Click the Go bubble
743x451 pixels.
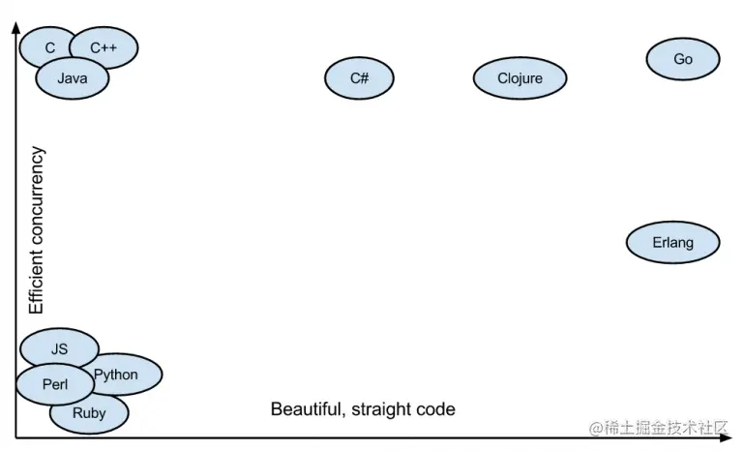(x=683, y=59)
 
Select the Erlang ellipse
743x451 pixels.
(x=672, y=243)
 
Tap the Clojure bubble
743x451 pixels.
(x=520, y=78)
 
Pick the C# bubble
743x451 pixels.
(x=359, y=77)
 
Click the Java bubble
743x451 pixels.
(x=73, y=79)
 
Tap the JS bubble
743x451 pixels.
(x=59, y=348)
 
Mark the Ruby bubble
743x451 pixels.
(x=88, y=414)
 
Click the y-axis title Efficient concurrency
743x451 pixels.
(x=38, y=230)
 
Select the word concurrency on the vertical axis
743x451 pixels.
(x=38, y=193)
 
